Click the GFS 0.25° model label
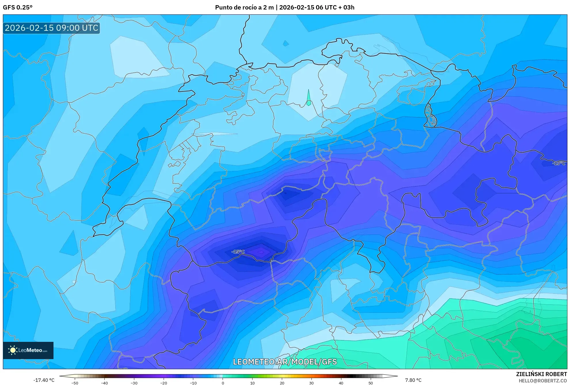[x=18, y=7]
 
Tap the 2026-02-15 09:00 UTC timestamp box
[x=51, y=28]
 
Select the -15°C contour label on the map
[x=238, y=252]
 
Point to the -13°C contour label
[x=558, y=163]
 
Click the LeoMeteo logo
[x=28, y=350]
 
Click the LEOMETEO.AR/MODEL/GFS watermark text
[x=285, y=362]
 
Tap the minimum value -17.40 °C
[x=44, y=380]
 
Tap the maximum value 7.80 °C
[x=413, y=380]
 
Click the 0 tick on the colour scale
[x=223, y=383]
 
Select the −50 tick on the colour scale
[x=75, y=383]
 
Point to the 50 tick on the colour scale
[x=371, y=383]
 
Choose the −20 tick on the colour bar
[x=163, y=383]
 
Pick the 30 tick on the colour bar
[x=311, y=383]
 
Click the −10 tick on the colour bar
[x=193, y=383]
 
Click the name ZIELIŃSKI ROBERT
[x=541, y=374]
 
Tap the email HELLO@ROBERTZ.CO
[x=542, y=381]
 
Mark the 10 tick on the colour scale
[x=252, y=383]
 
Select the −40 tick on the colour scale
[x=104, y=383]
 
